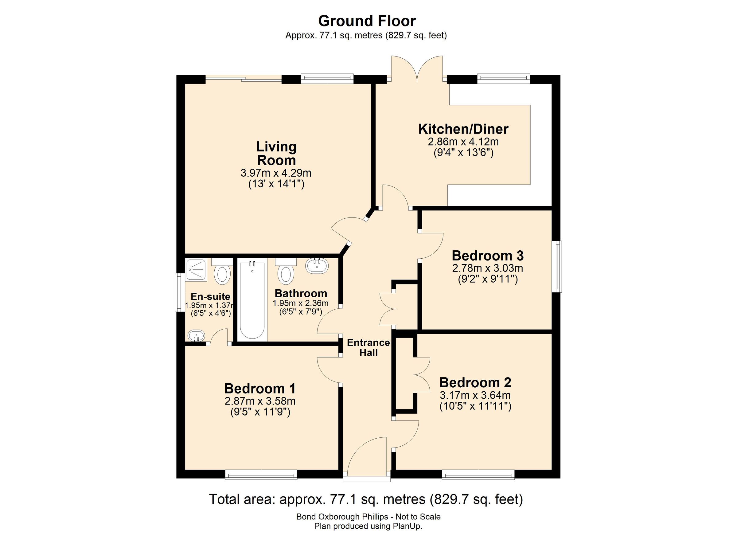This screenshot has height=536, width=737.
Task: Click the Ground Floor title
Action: pos(367,21)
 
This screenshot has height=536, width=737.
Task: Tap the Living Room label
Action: pos(276,153)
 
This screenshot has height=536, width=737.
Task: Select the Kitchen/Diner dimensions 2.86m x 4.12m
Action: pos(463,142)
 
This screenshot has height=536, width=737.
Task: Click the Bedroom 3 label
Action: pos(487,256)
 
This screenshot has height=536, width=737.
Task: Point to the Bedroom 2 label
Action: pos(475,383)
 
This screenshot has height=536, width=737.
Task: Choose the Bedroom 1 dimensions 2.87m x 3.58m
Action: pos(260,401)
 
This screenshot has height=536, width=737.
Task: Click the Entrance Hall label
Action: pos(368,347)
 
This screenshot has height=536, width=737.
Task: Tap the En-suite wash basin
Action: pos(196,335)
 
